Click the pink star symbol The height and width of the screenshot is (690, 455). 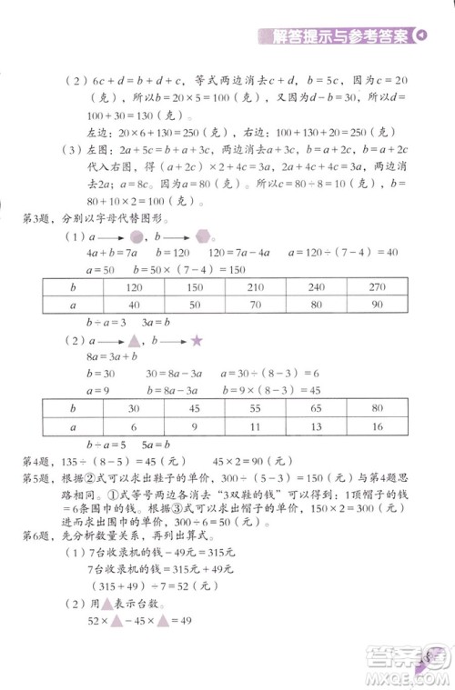click(196, 365)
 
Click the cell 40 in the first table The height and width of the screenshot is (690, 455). click(134, 305)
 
